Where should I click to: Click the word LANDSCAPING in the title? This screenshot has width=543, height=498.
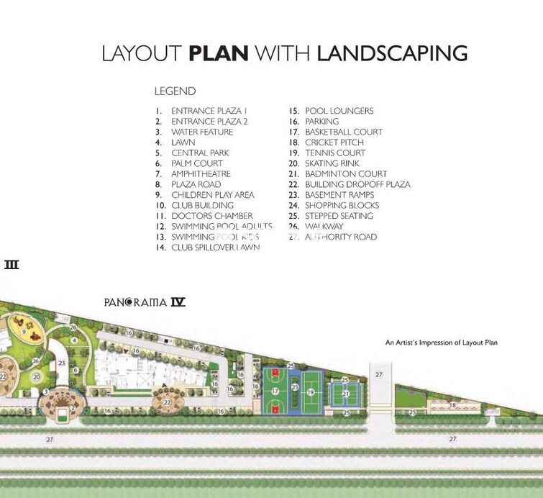pyautogui.click(x=392, y=53)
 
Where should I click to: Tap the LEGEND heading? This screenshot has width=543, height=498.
pyautogui.click(x=175, y=91)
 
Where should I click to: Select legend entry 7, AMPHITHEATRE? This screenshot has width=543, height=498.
pyautogui.click(x=201, y=174)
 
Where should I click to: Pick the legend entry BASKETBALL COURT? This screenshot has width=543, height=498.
pyautogui.click(x=343, y=132)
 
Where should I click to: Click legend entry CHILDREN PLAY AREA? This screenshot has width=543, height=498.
pyautogui.click(x=212, y=195)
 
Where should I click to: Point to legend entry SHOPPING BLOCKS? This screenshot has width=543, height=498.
pyautogui.click(x=342, y=206)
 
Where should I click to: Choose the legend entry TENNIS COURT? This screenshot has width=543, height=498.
pyautogui.click(x=335, y=153)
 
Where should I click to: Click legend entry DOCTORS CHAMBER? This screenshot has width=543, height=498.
pyautogui.click(x=211, y=216)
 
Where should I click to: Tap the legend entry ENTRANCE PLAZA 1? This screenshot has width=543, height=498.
pyautogui.click(x=209, y=112)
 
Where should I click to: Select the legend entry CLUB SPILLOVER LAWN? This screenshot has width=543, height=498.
pyautogui.click(x=215, y=248)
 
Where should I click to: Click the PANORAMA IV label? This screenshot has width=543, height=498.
pyautogui.click(x=145, y=302)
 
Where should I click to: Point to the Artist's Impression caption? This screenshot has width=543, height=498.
pyautogui.click(x=441, y=343)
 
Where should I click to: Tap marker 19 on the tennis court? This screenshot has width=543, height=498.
pyautogui.click(x=311, y=392)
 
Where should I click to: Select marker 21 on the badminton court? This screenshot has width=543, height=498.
pyautogui.click(x=345, y=394)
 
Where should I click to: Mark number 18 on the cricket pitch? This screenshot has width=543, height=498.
pyautogui.click(x=452, y=406)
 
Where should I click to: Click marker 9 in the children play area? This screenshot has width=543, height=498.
pyautogui.click(x=24, y=332)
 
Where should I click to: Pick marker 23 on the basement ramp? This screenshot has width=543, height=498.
pyautogui.click(x=62, y=363)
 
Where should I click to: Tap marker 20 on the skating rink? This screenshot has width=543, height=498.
pyautogui.click(x=35, y=376)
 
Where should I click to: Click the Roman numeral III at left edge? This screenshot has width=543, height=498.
pyautogui.click(x=11, y=265)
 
